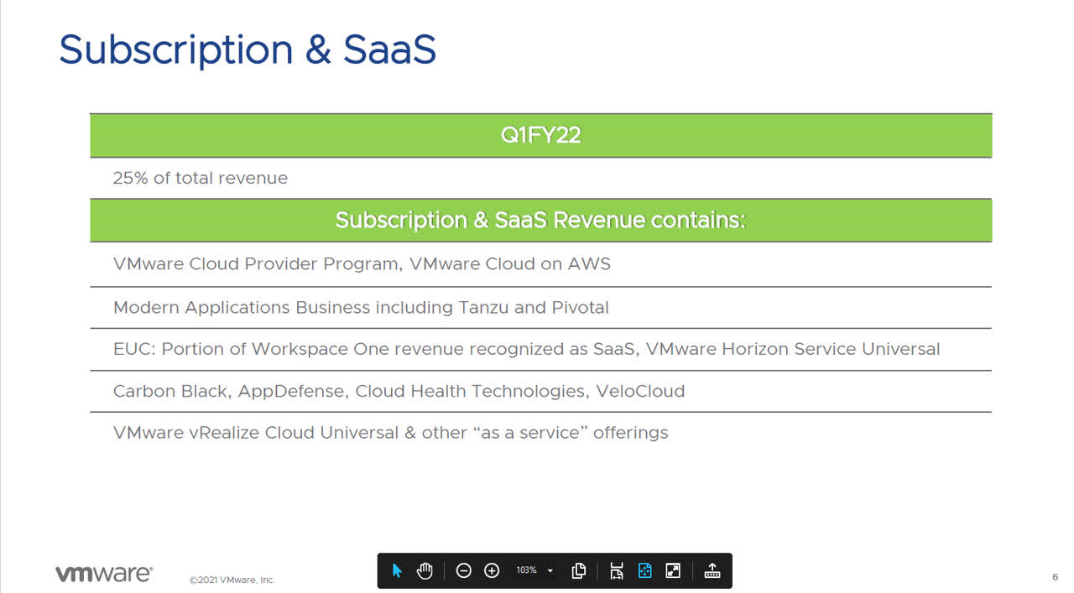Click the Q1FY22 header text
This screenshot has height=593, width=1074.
click(540, 136)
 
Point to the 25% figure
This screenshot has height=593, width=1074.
click(130, 178)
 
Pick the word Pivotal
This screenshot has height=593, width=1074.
click(580, 307)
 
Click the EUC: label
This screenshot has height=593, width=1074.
click(134, 349)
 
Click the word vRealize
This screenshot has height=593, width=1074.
click(217, 433)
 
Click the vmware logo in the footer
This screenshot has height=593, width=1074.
click(104, 574)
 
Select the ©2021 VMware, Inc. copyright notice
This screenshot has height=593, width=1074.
click(232, 580)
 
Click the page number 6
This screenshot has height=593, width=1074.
click(1055, 577)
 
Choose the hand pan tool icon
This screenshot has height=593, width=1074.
click(425, 570)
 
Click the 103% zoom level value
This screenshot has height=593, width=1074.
click(526, 570)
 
